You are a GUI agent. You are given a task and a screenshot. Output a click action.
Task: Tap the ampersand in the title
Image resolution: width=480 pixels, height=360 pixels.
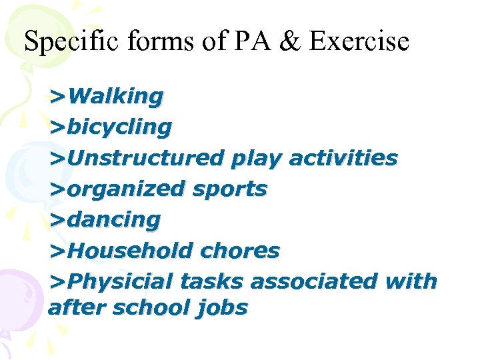click(291, 41)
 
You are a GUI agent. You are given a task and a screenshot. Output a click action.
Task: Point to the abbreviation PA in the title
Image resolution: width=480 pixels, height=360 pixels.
click(251, 41)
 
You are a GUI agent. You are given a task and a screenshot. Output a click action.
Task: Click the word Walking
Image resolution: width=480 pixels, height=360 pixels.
click(115, 97)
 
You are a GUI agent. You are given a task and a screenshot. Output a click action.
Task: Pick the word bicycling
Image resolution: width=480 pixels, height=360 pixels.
click(119, 127)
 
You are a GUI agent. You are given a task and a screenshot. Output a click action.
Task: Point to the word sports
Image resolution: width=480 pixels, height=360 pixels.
click(229, 190)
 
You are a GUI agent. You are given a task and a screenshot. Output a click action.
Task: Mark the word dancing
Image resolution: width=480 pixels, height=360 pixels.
click(113, 220)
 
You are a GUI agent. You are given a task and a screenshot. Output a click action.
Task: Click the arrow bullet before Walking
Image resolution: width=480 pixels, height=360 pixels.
click(57, 97)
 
